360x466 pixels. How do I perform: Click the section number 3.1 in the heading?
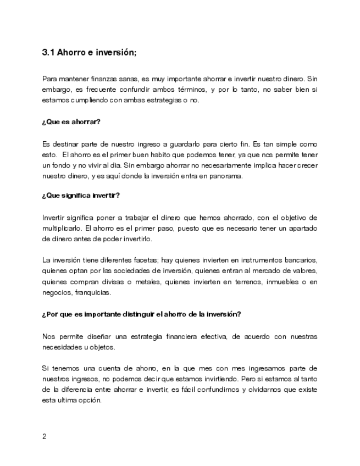(x=48, y=53)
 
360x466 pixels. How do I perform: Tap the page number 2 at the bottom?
(x=44, y=437)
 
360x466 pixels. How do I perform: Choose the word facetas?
(x=131, y=259)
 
